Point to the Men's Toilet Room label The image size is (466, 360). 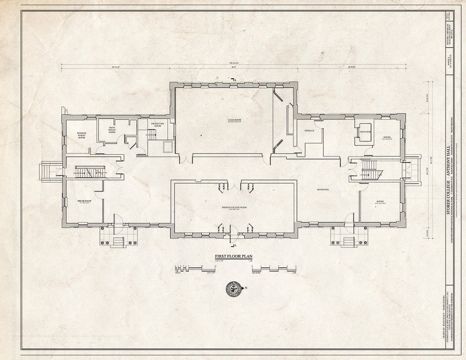(x=112, y=131)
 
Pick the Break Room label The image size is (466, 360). (x=84, y=202)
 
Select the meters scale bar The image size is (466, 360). (x=277, y=268)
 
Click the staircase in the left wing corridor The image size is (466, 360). (x=91, y=172)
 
